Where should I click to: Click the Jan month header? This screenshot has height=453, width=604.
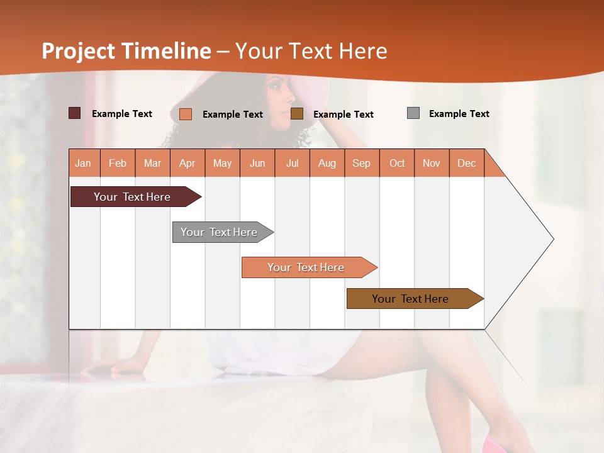[x=83, y=163]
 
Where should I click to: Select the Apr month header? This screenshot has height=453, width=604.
[x=187, y=163]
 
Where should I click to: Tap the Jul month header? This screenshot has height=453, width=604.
[x=292, y=163]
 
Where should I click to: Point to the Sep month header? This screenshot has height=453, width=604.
[x=361, y=163]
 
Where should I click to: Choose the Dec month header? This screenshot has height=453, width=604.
[x=466, y=163]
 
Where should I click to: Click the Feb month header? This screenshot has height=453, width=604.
[x=118, y=163]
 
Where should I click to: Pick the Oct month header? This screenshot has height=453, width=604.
[x=397, y=163]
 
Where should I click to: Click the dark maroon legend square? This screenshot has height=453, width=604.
[x=74, y=113]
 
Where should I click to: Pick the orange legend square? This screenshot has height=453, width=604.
[x=186, y=114]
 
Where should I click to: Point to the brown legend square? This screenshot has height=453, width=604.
[x=297, y=113]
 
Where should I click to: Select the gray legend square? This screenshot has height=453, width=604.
[x=413, y=113]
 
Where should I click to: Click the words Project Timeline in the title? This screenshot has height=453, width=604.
[x=126, y=51]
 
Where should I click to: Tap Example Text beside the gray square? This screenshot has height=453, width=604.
[x=459, y=114]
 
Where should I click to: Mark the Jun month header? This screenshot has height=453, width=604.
[x=257, y=163]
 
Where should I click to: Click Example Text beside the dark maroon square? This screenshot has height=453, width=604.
[x=122, y=114]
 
